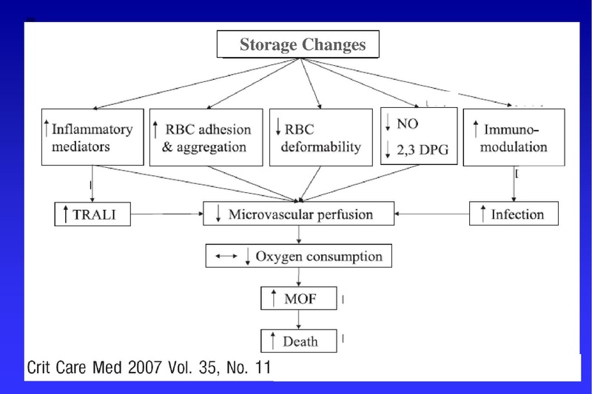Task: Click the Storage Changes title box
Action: coord(297,45)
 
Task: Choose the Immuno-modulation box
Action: coord(514,137)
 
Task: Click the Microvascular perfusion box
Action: coord(299,215)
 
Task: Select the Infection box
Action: coord(514,215)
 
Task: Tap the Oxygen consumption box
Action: coord(297,257)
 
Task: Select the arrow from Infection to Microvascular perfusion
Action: coord(432,215)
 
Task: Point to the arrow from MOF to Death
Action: coord(297,320)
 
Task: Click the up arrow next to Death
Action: coord(273,342)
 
